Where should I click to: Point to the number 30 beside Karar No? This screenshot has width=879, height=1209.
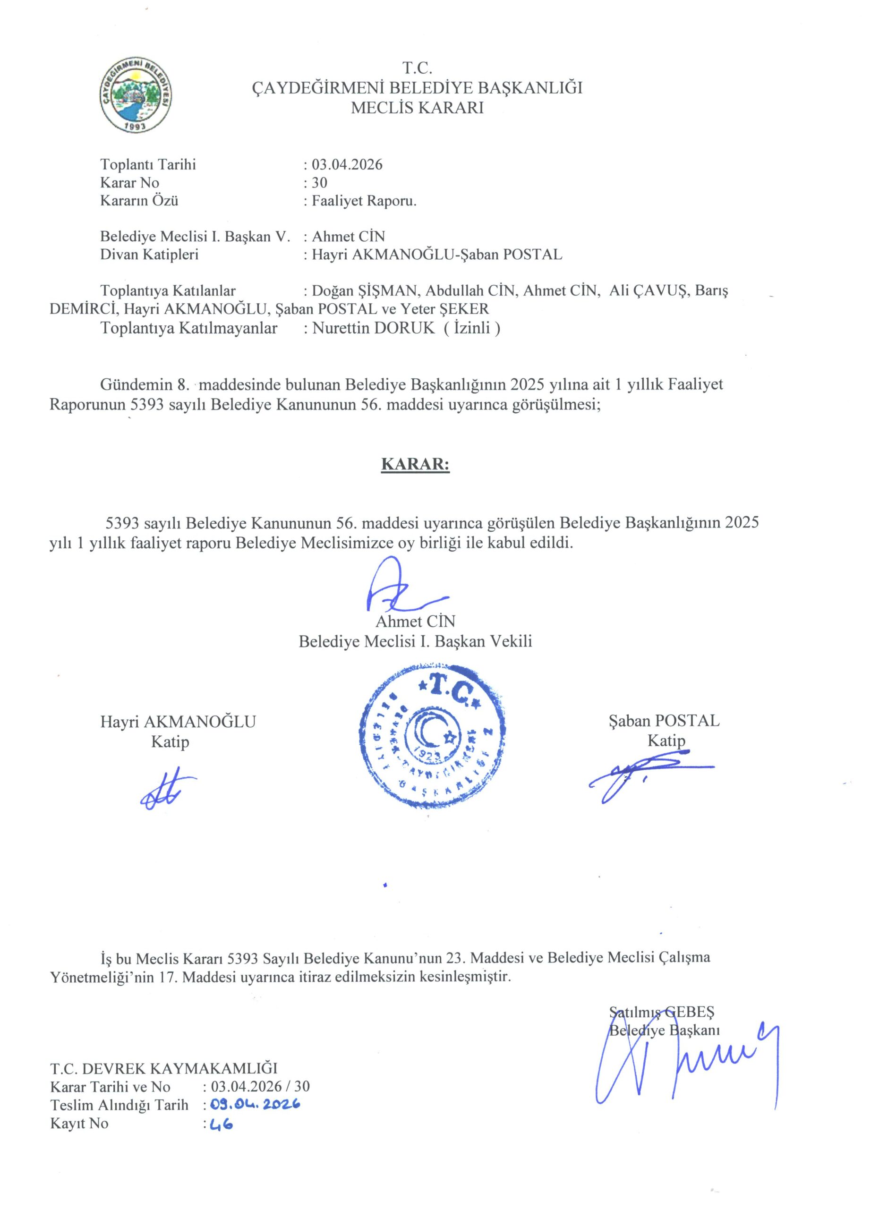click(319, 183)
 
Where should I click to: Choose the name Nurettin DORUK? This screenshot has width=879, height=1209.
click(374, 328)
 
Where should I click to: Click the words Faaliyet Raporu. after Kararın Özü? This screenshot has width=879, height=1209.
click(364, 201)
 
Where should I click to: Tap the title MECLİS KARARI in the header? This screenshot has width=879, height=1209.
click(417, 108)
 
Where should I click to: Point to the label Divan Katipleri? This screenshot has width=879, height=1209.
click(149, 254)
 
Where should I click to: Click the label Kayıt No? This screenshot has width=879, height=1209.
click(79, 1123)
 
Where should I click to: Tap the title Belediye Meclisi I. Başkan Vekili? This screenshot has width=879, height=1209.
click(415, 641)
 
